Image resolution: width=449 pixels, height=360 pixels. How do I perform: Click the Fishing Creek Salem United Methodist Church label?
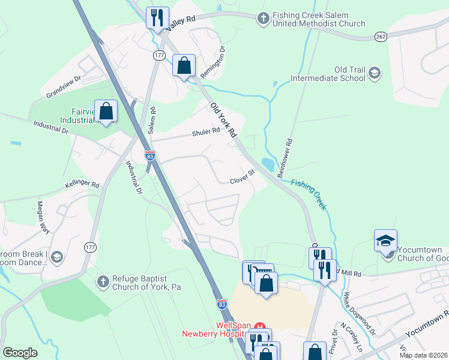click(318, 20)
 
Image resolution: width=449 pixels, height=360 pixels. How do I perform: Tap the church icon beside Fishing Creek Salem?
click(263, 19)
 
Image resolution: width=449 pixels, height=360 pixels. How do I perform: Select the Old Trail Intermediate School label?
click(328, 73)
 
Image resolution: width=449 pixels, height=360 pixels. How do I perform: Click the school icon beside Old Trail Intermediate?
click(375, 73)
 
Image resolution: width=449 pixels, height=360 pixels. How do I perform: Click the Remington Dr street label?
click(214, 62)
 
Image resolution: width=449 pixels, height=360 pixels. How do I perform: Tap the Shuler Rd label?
click(206, 132)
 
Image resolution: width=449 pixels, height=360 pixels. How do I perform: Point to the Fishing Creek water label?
click(309, 194)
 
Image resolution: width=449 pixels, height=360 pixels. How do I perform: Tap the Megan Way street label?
click(44, 214)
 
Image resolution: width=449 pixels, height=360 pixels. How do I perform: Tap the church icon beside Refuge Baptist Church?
click(103, 281)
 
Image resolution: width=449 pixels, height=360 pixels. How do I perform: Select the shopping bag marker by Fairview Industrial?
click(106, 111)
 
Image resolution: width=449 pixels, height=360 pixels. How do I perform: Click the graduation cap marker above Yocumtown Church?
click(385, 241)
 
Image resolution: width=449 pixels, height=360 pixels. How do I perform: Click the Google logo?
click(20, 353)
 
